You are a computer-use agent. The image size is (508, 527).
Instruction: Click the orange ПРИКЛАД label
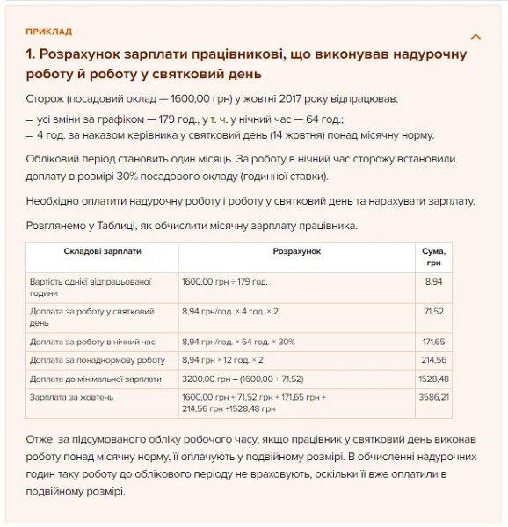pyautogui.click(x=49, y=32)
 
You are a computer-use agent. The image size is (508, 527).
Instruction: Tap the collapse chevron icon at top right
pyautogui.click(x=475, y=37)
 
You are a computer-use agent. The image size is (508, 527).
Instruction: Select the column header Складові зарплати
pyautogui.click(x=102, y=251)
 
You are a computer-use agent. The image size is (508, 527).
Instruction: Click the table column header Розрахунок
pyautogui.click(x=296, y=251)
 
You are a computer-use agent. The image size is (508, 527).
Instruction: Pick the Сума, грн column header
pyautogui.click(x=433, y=256)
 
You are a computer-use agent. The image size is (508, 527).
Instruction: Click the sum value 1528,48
pyautogui.click(x=432, y=379)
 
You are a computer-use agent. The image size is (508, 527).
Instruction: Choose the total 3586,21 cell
pyautogui.click(x=432, y=397)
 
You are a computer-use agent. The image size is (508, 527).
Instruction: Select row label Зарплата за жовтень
pyautogui.click(x=76, y=397)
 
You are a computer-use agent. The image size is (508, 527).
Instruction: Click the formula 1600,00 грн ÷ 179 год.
pyautogui.click(x=225, y=282)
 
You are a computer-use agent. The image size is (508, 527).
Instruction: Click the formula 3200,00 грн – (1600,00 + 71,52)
pyautogui.click(x=242, y=379)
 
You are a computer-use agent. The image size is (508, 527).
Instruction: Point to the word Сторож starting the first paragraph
pyautogui.click(x=45, y=100)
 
